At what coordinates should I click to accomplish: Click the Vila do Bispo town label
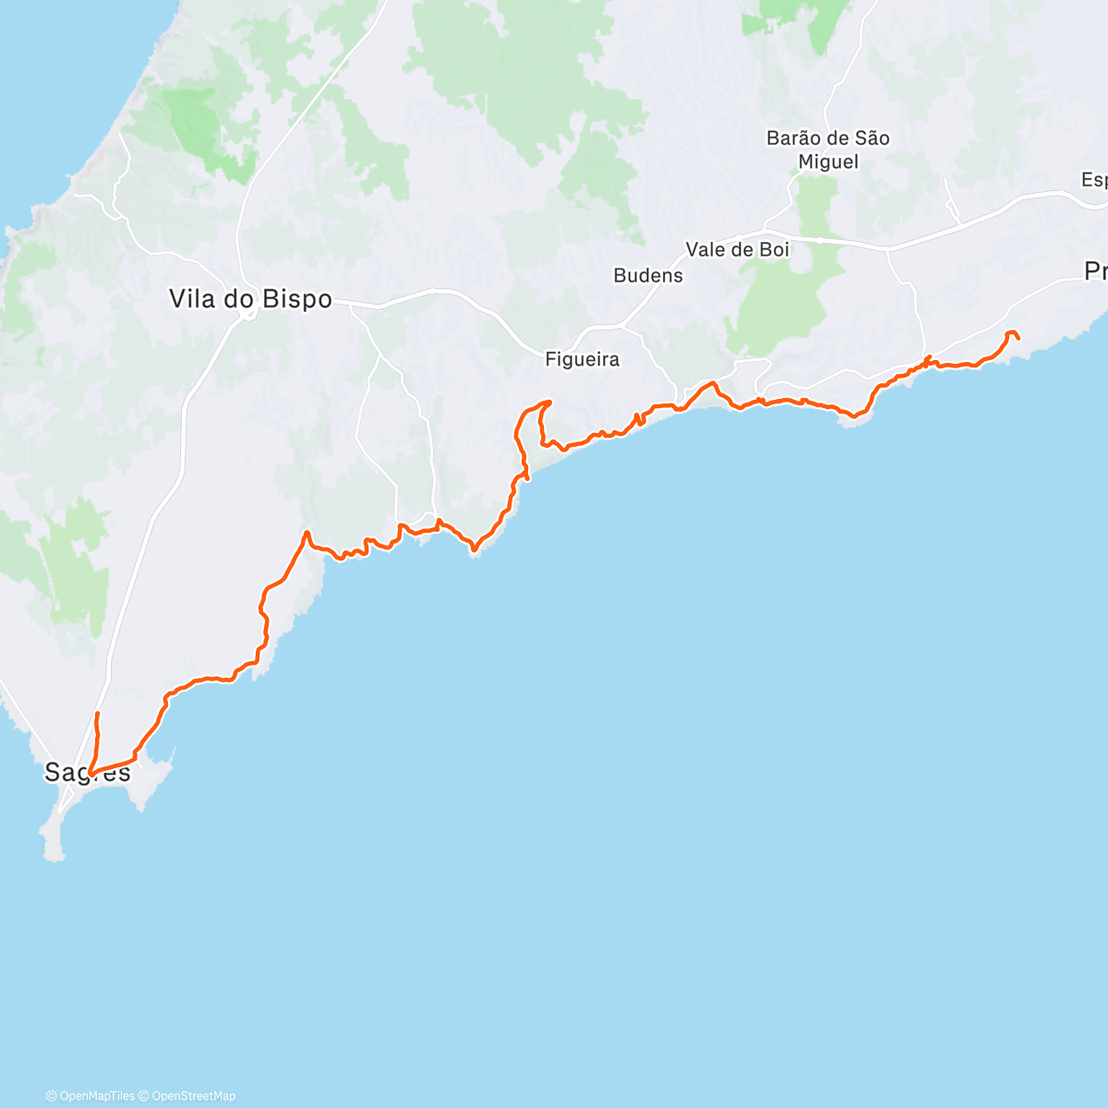tap(249, 299)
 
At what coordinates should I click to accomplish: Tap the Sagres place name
tap(88, 772)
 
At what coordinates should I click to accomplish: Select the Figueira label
tap(582, 360)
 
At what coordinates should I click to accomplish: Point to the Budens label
tap(648, 275)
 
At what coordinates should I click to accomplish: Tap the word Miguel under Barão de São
tap(828, 163)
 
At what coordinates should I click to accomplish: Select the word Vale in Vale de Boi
tap(706, 249)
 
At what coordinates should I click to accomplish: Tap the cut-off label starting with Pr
tap(1095, 271)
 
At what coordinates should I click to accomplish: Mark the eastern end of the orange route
tap(1018, 338)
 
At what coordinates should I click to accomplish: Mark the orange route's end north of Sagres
tap(97, 714)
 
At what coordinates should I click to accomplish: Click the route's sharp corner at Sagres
tap(90, 774)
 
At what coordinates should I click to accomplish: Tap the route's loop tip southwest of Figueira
tap(549, 403)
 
